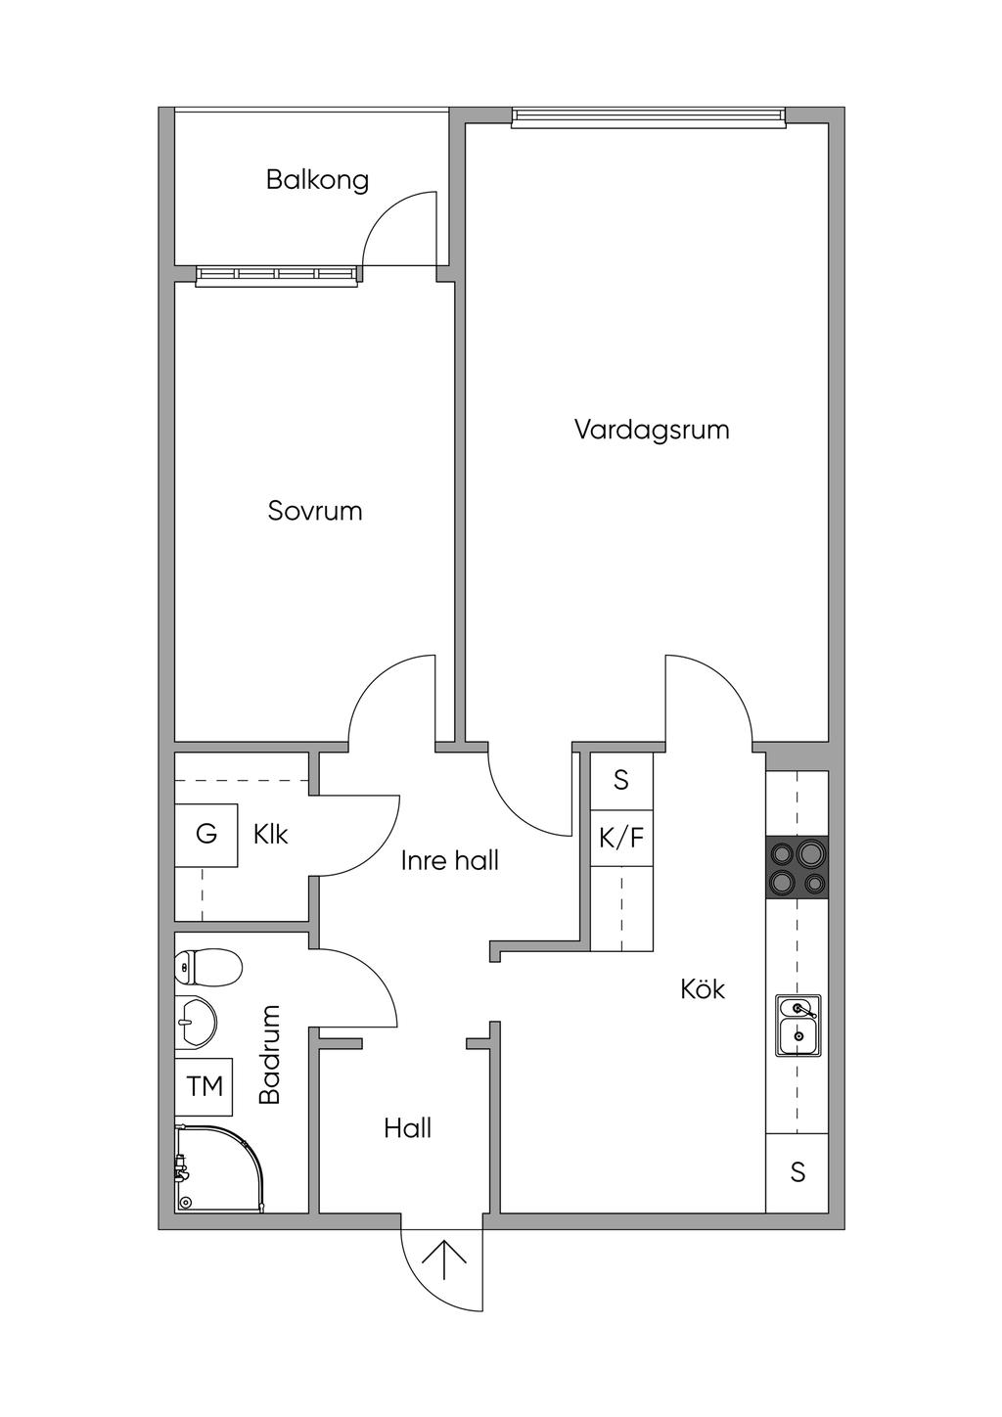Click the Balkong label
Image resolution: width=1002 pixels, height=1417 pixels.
(x=317, y=180)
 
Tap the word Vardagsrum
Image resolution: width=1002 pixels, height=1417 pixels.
(x=652, y=430)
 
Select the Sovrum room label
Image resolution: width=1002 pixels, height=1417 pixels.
(x=315, y=511)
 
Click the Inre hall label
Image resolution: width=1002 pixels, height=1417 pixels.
(x=450, y=860)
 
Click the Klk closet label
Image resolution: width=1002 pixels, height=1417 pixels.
(x=270, y=835)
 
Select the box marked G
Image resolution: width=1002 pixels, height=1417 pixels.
(x=206, y=835)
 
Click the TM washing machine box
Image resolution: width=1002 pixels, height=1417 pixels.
(x=204, y=1086)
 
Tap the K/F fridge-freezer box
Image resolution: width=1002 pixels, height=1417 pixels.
(x=621, y=839)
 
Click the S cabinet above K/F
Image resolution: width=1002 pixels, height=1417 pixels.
(x=621, y=781)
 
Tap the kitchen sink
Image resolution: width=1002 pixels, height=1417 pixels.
(x=798, y=1026)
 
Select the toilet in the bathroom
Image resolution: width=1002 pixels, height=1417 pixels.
(x=208, y=967)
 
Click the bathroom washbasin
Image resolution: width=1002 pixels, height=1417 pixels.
(x=196, y=1021)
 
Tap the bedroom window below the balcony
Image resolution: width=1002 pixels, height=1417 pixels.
(x=277, y=275)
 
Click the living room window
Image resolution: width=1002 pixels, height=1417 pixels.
(x=649, y=117)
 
